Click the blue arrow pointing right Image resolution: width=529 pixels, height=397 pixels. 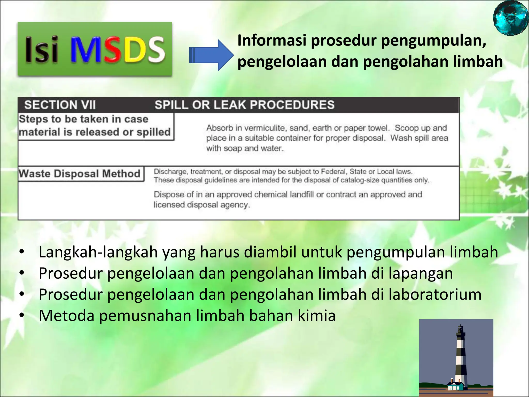[211, 55]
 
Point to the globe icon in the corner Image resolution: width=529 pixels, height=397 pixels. [510, 18]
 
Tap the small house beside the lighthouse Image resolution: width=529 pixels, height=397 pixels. [455, 386]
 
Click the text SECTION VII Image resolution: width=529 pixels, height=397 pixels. [60, 105]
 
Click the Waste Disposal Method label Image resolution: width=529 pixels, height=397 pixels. [80, 174]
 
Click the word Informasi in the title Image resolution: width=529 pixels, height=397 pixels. [272, 41]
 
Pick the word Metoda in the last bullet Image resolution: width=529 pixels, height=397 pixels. [67, 316]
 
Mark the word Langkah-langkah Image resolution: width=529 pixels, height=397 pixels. [98, 252]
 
